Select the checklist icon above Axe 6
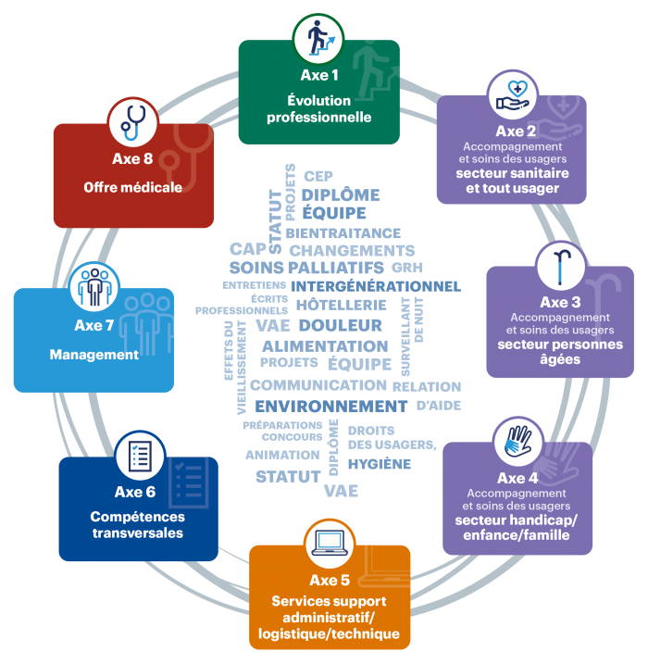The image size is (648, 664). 140,455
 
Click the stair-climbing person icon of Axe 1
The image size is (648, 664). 318,38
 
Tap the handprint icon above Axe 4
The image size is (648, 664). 517,441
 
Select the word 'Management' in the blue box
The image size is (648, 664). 93,355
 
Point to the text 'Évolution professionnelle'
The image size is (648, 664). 318,109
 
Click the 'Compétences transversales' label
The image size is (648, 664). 137,525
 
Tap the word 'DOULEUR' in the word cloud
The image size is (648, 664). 340,325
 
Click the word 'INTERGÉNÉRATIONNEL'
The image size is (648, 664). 375,286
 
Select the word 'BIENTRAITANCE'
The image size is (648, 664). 343,233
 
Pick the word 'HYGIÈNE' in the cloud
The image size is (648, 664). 380,464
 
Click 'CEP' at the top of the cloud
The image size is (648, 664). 318,176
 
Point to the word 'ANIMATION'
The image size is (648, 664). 281,455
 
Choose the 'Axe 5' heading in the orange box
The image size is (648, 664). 330,581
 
